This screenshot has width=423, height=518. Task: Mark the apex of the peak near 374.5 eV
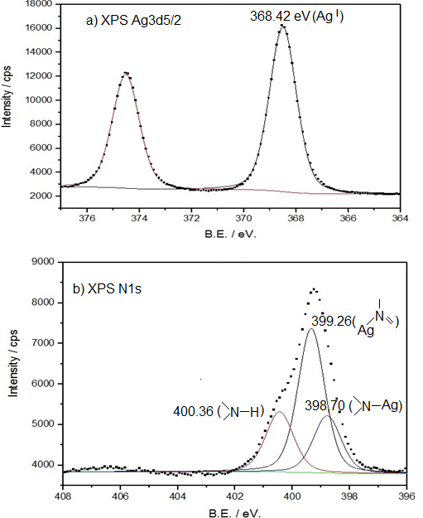tap(126, 72)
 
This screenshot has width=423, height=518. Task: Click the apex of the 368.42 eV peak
tap(282, 25)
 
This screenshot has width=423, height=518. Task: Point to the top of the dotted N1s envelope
tap(314, 289)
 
